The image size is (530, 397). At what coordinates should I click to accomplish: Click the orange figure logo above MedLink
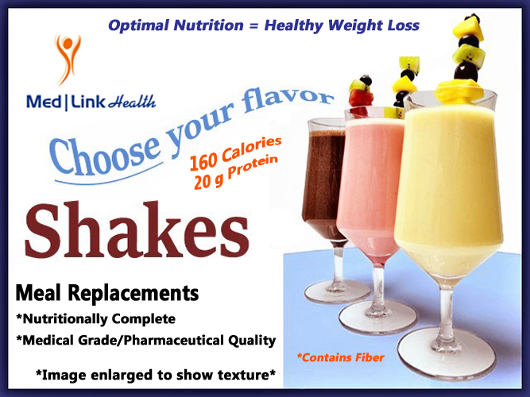click(68, 59)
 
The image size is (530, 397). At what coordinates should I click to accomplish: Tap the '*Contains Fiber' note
click(340, 358)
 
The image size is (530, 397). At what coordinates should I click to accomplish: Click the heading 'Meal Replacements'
click(107, 293)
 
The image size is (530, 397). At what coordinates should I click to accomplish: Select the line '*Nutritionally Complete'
click(95, 318)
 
